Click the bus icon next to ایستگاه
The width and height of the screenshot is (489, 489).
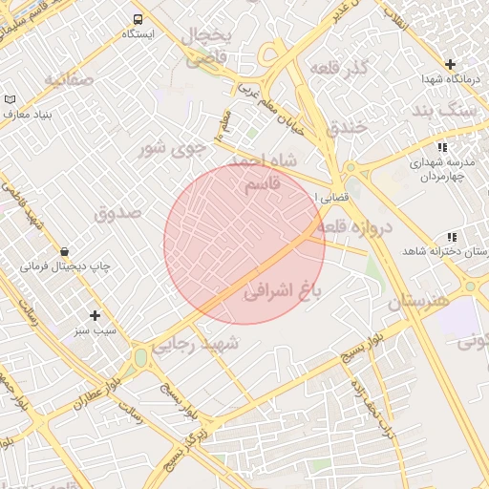pyautogui.click(x=138, y=19)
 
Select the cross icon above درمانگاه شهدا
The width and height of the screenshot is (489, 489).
pyautogui.click(x=450, y=64)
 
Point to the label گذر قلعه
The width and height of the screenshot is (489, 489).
pyautogui.click(x=339, y=69)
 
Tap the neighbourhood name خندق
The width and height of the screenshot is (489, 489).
pyautogui.click(x=346, y=126)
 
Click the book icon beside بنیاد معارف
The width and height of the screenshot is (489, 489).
pyautogui.click(x=11, y=99)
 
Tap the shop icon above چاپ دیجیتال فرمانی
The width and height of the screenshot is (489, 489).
pyautogui.click(x=64, y=251)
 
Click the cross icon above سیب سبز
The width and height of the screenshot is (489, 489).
pyautogui.click(x=95, y=315)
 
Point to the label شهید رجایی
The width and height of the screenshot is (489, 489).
pyautogui.click(x=194, y=345)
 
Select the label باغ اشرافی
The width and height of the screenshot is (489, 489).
pyautogui.click(x=284, y=289)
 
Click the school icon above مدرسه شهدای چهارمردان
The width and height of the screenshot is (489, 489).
pyautogui.click(x=440, y=147)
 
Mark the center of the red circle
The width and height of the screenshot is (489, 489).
pyautogui.click(x=244, y=244)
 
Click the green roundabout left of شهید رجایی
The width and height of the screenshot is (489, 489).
pyautogui.click(x=141, y=357)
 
